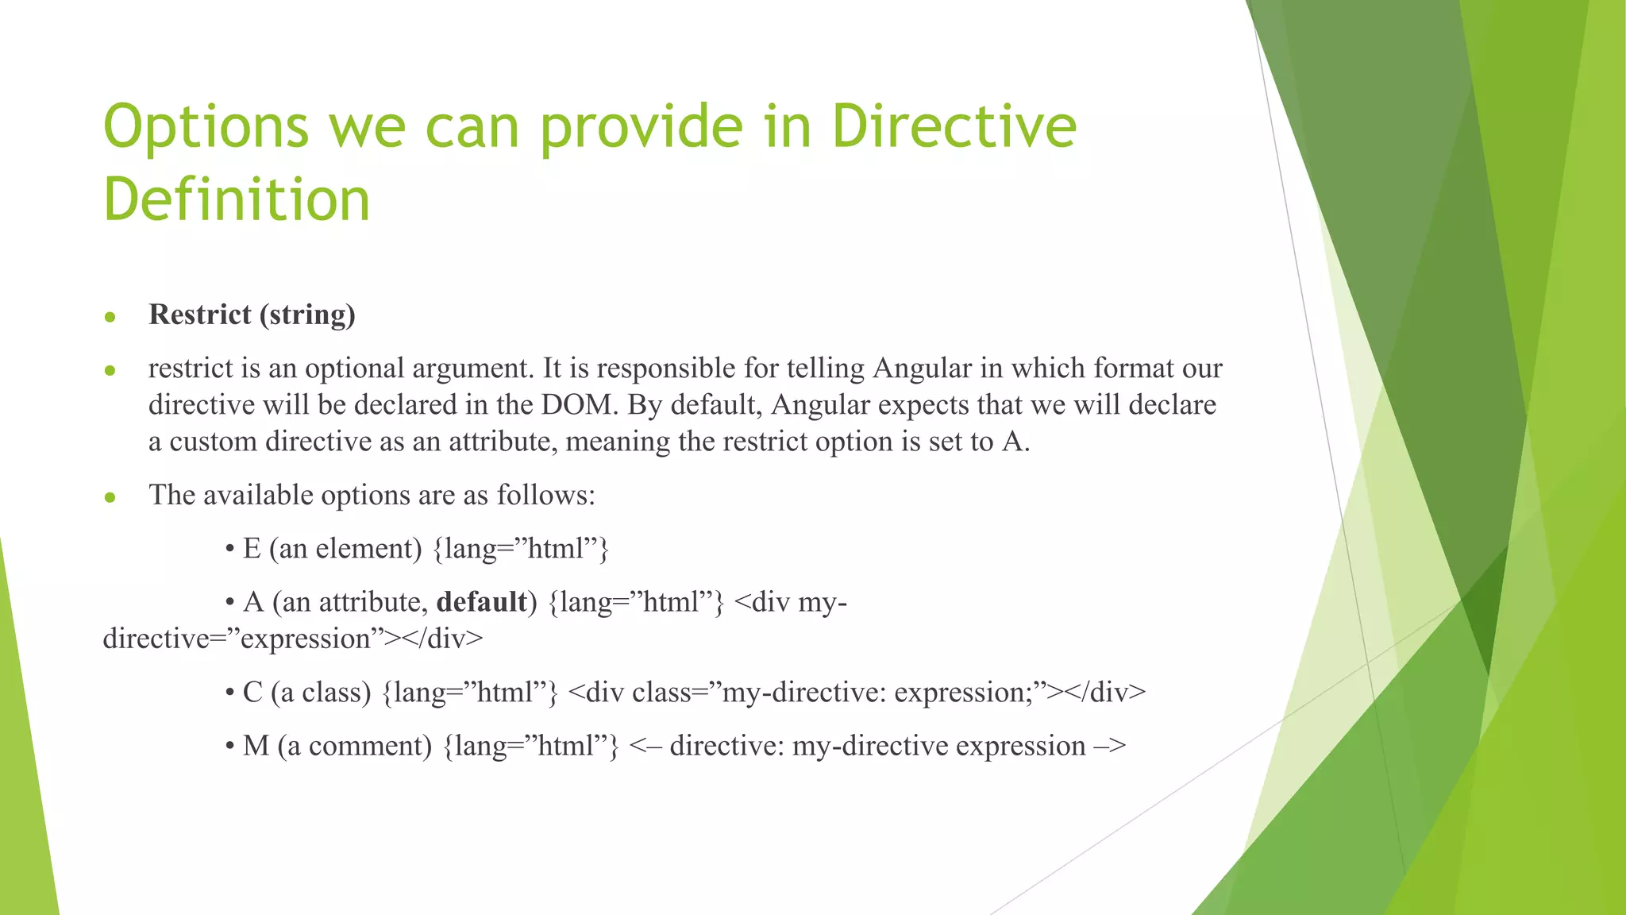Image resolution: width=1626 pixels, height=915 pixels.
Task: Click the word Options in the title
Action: (206, 127)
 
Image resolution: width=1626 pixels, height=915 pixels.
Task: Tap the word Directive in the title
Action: (954, 127)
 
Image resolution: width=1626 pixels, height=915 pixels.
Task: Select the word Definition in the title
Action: (237, 199)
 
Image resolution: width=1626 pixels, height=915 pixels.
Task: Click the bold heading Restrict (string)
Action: (252, 315)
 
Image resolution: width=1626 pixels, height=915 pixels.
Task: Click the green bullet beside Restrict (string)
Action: (110, 318)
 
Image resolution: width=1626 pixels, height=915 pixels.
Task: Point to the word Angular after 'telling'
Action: (922, 369)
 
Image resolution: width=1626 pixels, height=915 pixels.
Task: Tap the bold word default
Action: (482, 602)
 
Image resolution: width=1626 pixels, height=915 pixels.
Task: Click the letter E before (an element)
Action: (252, 549)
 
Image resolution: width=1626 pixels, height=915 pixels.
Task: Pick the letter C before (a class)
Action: (252, 693)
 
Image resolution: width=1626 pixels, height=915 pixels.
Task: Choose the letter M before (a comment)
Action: (256, 747)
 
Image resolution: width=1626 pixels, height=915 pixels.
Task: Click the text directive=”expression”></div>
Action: (292, 639)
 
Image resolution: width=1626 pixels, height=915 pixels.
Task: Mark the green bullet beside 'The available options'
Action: (110, 498)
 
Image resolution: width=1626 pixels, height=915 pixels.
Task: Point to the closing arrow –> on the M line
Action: (1110, 747)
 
